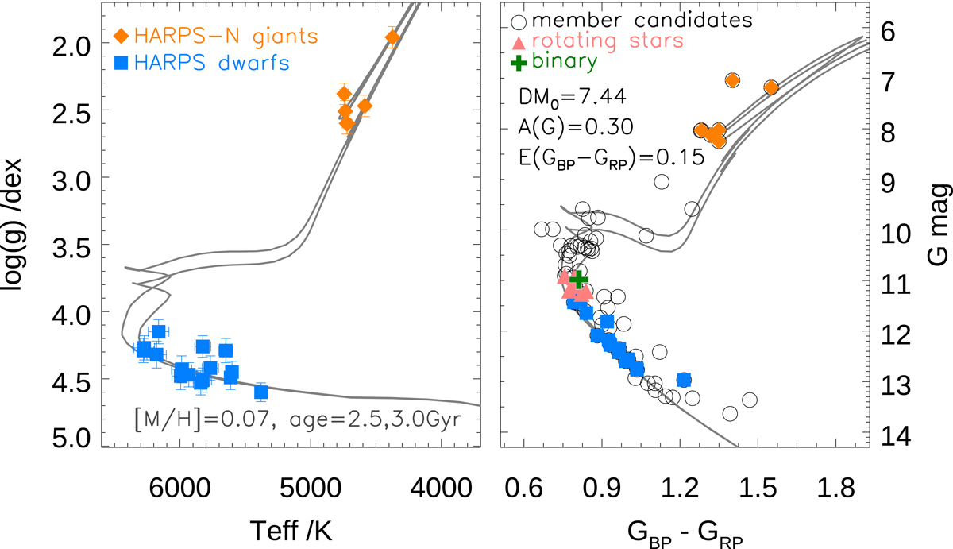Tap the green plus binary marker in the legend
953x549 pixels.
point(520,60)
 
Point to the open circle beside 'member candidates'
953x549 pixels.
point(520,20)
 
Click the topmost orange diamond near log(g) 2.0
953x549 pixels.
point(392,37)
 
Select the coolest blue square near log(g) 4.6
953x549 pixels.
point(261,392)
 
